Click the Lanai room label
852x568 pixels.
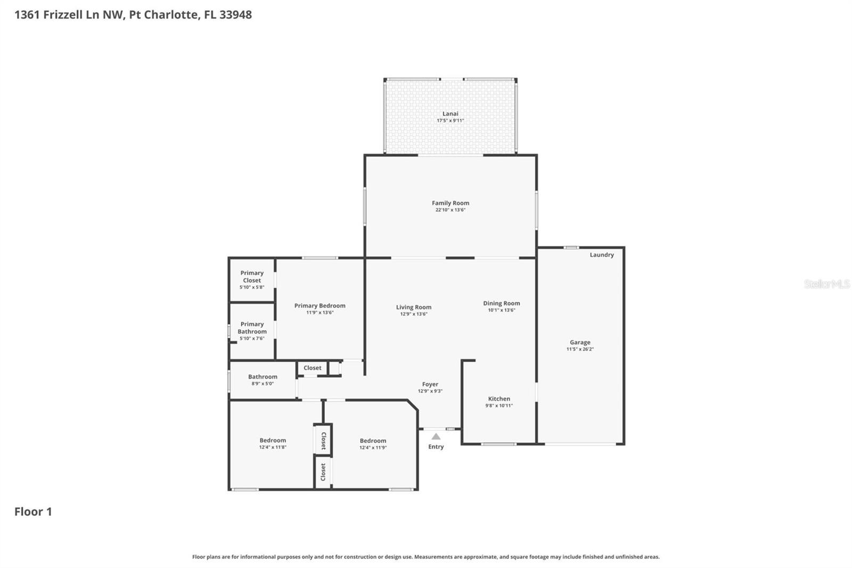[450, 113]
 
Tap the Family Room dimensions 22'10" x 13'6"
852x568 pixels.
[450, 210]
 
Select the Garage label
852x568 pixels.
[580, 343]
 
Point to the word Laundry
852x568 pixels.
[601, 255]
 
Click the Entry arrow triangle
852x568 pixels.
[436, 436]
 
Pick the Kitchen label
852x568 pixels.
[499, 399]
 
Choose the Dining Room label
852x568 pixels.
[501, 303]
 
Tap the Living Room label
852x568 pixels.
[413, 307]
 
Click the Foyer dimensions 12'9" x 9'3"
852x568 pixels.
[430, 391]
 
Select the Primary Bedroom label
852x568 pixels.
[319, 305]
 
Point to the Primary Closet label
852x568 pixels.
[252, 277]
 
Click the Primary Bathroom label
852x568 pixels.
[252, 328]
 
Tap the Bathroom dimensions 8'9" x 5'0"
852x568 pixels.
[263, 384]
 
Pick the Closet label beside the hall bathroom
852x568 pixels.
[312, 368]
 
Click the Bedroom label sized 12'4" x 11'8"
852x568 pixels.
[273, 440]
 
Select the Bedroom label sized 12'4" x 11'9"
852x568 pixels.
[373, 441]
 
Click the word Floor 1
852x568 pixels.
[33, 512]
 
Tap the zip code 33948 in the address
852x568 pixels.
[235, 14]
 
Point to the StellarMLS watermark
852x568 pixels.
[826, 284]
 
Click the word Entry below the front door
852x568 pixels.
[436, 447]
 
